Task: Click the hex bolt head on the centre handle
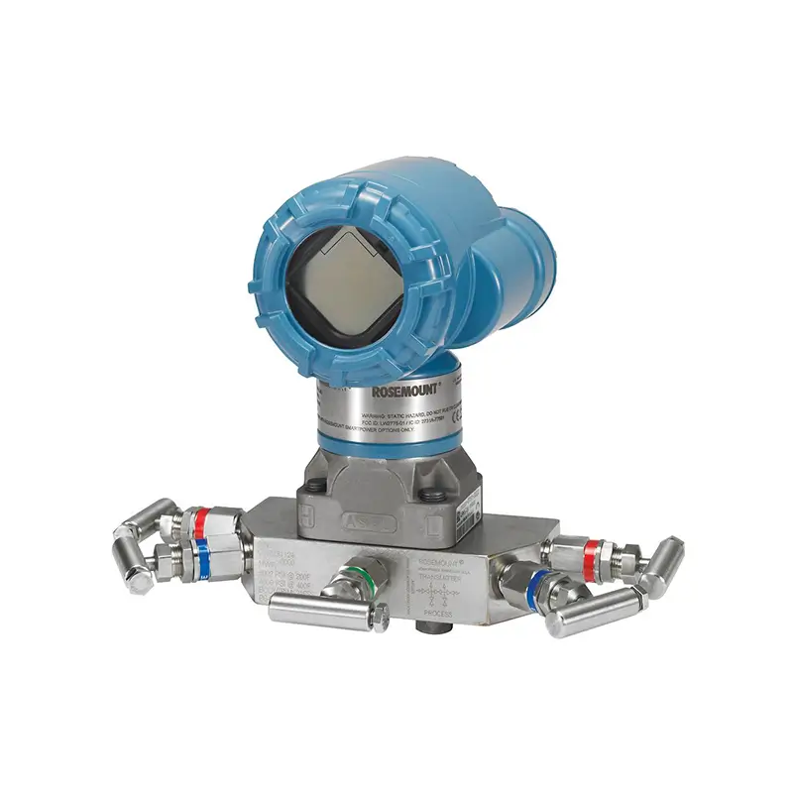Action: point(380,622)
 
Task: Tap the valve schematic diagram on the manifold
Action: point(437,596)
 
